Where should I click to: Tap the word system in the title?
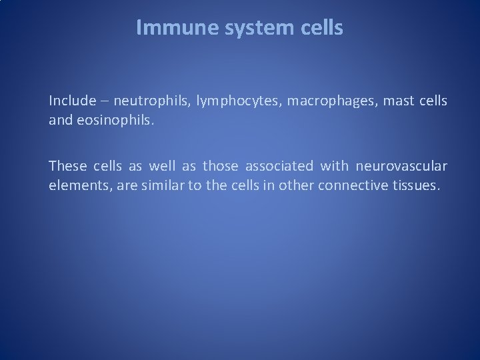(x=257, y=27)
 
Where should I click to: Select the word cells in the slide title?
(x=323, y=27)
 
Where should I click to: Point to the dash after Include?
(x=103, y=101)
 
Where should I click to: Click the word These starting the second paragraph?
(x=65, y=165)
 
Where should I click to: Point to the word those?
(x=221, y=165)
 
